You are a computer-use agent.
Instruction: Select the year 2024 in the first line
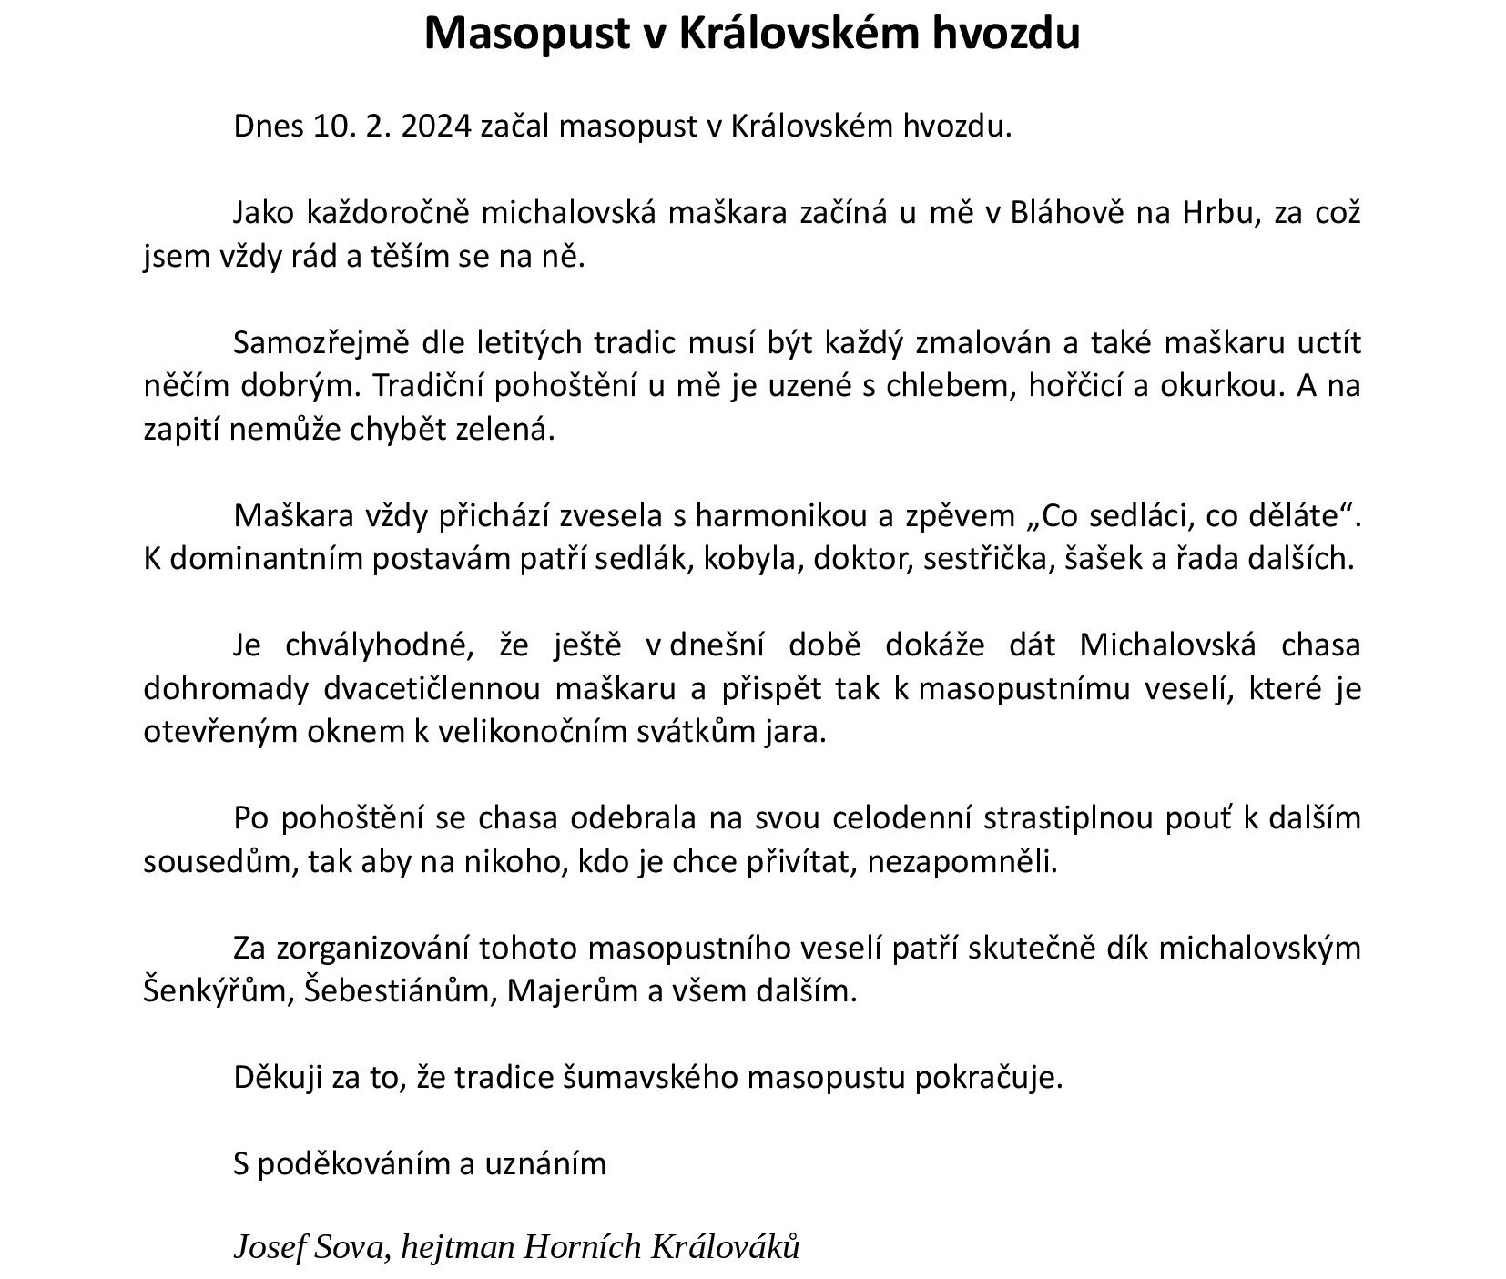[436, 126]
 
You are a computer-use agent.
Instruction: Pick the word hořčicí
[1077, 386]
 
